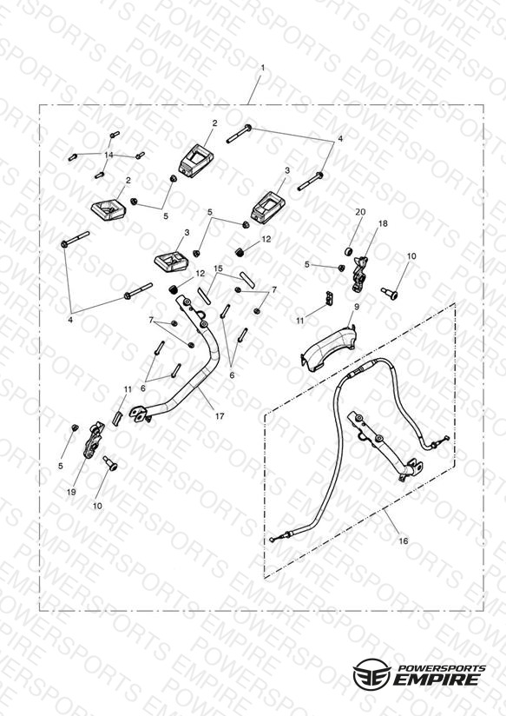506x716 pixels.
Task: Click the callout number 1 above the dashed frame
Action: (x=262, y=68)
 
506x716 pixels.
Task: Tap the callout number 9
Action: (x=357, y=307)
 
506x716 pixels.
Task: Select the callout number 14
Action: (x=108, y=156)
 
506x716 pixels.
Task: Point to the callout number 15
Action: (x=218, y=268)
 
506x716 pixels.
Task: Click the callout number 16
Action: (x=403, y=541)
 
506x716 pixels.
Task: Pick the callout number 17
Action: (x=220, y=416)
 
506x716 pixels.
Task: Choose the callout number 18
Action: (x=383, y=223)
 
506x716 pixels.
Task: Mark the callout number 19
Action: (x=71, y=492)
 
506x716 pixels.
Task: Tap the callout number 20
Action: (x=360, y=212)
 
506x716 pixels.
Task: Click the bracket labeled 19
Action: (x=94, y=440)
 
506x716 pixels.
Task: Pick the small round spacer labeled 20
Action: (x=349, y=251)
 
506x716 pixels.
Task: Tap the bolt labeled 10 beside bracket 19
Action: (x=110, y=463)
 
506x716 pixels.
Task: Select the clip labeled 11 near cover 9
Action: (x=330, y=298)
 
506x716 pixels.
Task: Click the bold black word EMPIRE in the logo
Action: (x=437, y=679)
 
